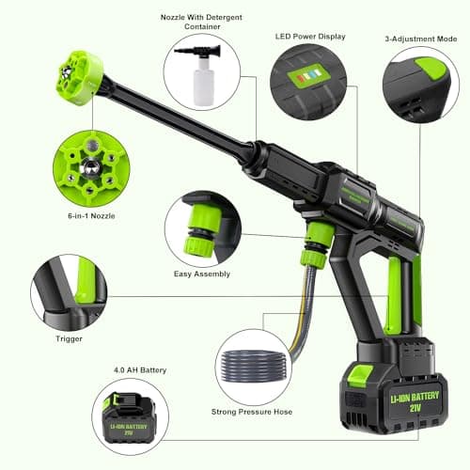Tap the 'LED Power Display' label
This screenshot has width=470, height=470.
(x=309, y=37)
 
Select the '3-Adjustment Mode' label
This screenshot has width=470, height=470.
(x=416, y=39)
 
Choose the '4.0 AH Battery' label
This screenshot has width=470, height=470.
(x=140, y=369)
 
